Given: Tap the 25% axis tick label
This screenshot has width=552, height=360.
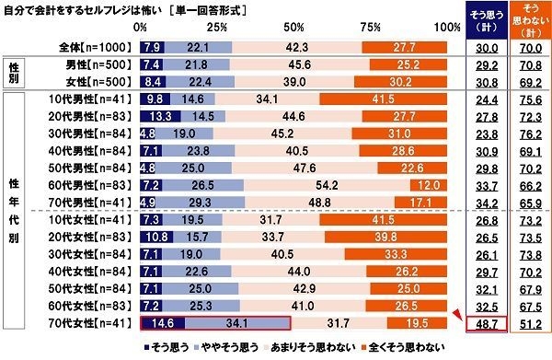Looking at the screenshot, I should pyautogui.click(x=218, y=29).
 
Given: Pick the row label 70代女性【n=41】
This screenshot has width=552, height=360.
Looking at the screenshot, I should pyautogui.click(x=91, y=322).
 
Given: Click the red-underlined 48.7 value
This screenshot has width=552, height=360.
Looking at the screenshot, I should pyautogui.click(x=484, y=323).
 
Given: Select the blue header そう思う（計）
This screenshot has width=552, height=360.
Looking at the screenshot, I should pyautogui.click(x=484, y=21).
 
